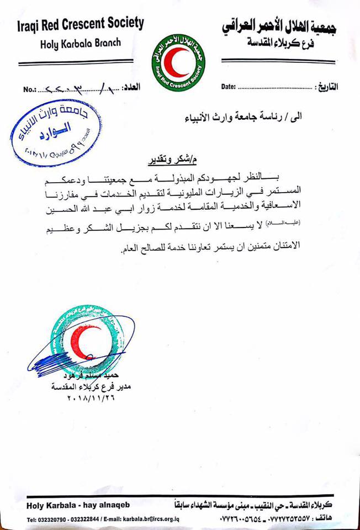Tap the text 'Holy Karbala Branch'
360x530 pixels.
(x=80, y=43)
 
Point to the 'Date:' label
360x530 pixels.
(x=229, y=87)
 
